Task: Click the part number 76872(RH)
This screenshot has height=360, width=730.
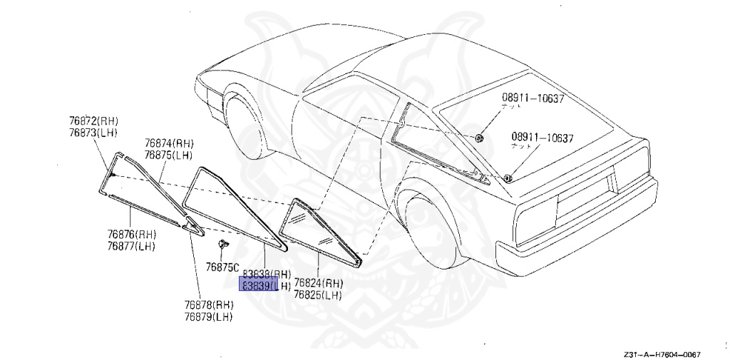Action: [x=93, y=121]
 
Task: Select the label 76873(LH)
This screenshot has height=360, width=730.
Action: [x=93, y=132]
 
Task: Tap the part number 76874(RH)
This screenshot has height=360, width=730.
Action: [x=169, y=143]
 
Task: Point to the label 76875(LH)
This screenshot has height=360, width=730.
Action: [x=169, y=154]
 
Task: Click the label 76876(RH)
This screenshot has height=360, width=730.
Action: [x=132, y=234]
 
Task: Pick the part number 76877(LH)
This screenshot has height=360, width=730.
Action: [x=132, y=245]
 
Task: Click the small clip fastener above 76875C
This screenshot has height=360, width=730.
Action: [x=222, y=245]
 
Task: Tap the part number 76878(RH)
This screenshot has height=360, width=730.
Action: [x=208, y=305]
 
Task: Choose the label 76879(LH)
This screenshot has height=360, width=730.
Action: [x=208, y=317]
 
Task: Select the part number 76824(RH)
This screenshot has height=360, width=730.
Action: [x=318, y=283]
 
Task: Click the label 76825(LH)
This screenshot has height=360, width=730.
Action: [x=318, y=294]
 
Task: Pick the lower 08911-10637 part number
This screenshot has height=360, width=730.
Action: [x=543, y=138]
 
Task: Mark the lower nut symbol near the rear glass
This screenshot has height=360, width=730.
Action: [x=508, y=178]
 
